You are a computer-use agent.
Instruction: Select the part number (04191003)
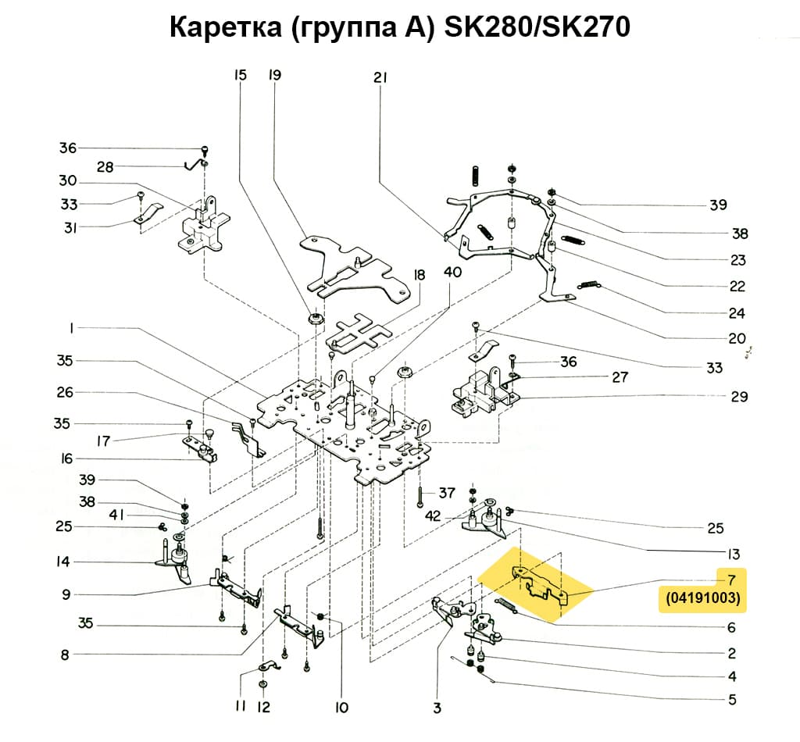point(703,600)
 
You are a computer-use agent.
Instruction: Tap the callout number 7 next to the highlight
point(731,579)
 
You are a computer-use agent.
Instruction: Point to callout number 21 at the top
point(380,77)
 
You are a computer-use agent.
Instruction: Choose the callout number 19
point(274,76)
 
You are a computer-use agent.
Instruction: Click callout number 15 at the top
point(240,76)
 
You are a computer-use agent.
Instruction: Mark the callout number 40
point(452,272)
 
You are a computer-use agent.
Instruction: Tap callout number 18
point(420,275)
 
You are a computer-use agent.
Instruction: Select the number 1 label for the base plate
point(71,329)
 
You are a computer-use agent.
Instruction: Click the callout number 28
point(105,167)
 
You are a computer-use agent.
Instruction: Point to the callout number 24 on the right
point(736,314)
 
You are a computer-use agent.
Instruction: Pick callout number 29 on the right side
point(739,397)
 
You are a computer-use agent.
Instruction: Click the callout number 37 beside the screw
point(446,493)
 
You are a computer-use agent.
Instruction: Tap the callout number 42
point(433,515)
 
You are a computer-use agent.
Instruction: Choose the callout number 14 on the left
point(63,562)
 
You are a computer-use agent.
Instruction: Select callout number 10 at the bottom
point(341,708)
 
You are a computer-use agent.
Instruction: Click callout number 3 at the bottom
point(437,708)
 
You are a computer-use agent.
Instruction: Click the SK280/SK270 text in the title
point(537,28)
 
